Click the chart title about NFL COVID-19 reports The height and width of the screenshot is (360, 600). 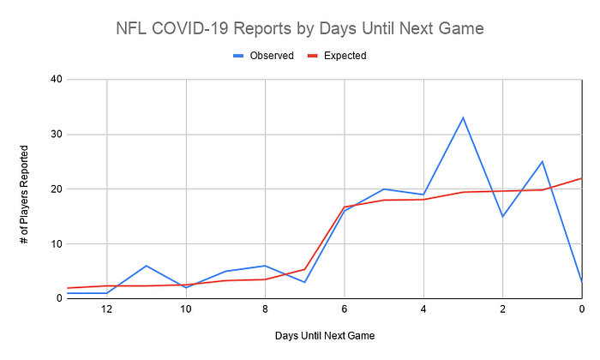click(x=300, y=28)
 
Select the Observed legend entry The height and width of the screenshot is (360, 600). click(x=263, y=56)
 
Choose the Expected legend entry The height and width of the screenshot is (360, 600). click(x=337, y=56)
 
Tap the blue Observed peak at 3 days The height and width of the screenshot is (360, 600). click(x=463, y=117)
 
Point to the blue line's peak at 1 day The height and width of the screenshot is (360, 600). click(x=543, y=161)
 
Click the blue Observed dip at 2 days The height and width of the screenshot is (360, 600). click(x=502, y=217)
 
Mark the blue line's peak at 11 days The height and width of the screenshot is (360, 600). click(x=147, y=266)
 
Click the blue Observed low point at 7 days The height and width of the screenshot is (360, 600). click(x=304, y=282)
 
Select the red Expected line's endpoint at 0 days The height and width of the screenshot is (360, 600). click(x=582, y=178)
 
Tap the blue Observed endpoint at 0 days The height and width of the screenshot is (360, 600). click(x=582, y=282)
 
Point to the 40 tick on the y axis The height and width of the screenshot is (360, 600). click(x=57, y=80)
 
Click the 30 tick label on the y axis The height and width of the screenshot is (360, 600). click(x=57, y=135)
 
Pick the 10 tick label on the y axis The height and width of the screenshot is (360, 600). click(x=57, y=243)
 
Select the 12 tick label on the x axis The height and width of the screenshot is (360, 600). click(x=107, y=309)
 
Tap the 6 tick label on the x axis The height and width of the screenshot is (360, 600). click(x=345, y=309)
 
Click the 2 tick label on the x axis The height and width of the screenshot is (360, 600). click(x=502, y=309)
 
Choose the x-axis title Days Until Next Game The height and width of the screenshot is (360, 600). click(x=325, y=336)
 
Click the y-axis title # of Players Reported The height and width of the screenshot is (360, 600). click(x=24, y=195)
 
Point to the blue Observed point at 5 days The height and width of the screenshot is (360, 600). click(x=384, y=189)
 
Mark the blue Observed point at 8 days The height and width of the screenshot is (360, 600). click(x=265, y=266)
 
